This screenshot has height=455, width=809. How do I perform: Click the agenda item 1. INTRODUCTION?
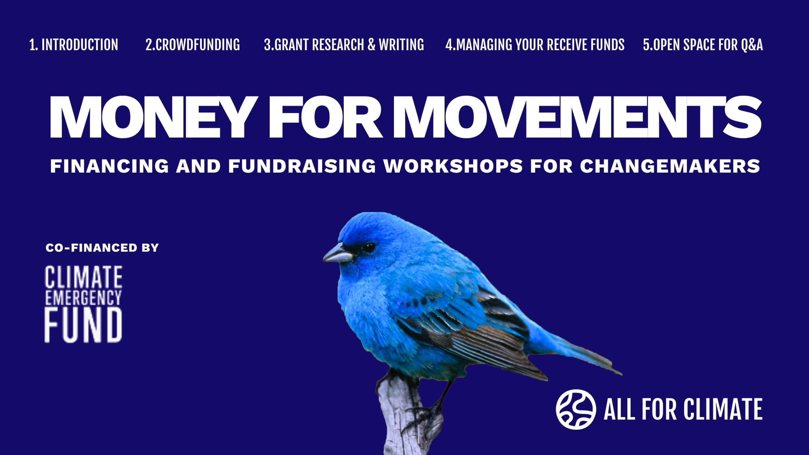(74, 45)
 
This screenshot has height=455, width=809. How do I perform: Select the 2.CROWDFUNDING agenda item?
(193, 45)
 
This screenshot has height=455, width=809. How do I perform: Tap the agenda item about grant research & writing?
(344, 45)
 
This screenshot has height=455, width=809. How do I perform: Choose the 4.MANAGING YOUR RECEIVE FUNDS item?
(535, 45)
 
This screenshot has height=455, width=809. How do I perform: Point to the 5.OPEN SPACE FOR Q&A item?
(703, 45)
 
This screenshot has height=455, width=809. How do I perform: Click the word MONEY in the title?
(153, 117)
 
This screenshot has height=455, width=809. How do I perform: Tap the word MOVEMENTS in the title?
(578, 117)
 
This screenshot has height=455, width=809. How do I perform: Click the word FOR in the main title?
(325, 117)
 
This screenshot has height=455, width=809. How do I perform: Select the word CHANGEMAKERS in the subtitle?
(670, 166)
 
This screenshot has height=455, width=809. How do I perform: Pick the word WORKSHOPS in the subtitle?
(453, 166)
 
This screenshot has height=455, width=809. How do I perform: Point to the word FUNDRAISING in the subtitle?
(302, 166)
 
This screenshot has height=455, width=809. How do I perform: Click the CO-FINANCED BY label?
(102, 248)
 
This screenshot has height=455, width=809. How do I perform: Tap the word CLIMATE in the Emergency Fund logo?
(83, 277)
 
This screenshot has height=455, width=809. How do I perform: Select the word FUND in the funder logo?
(83, 325)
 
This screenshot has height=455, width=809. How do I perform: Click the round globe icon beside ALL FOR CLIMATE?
(576, 409)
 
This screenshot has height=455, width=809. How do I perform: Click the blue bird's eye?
(368, 248)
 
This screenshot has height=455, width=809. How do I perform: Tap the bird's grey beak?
(338, 254)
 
